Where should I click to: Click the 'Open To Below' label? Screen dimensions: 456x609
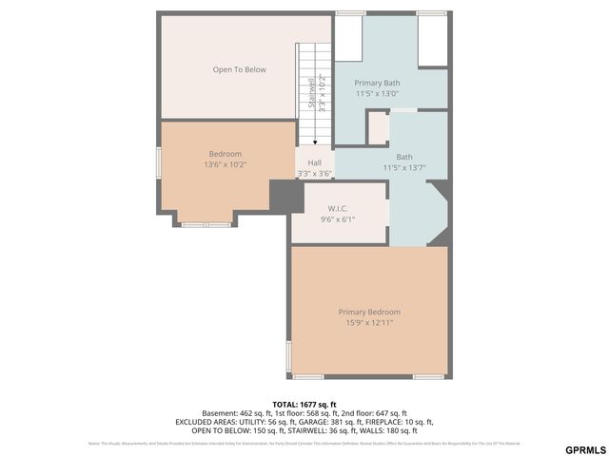click(239, 69)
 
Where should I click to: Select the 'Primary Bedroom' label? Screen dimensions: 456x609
click(369, 312)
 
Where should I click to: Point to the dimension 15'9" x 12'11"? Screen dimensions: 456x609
click(369, 323)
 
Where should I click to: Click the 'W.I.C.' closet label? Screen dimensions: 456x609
click(338, 208)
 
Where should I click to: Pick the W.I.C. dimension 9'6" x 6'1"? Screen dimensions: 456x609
click(338, 219)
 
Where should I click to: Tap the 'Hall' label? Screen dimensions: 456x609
click(314, 162)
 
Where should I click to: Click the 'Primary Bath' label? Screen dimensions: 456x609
click(377, 83)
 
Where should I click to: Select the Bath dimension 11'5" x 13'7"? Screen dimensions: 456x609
click(403, 168)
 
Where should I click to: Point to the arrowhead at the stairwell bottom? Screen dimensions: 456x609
click(314, 142)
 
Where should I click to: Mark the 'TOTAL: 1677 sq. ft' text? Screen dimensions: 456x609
click(304, 404)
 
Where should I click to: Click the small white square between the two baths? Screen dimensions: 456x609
click(378, 128)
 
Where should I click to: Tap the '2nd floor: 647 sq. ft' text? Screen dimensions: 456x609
click(373, 413)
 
